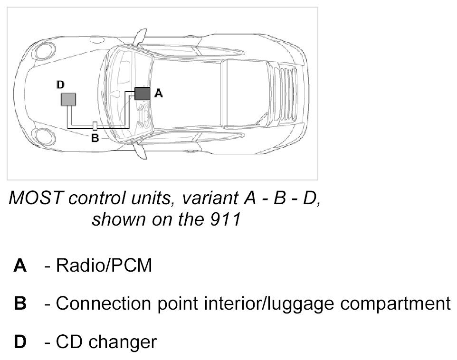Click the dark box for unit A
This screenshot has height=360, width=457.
(x=142, y=93)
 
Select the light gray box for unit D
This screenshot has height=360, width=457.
(x=68, y=99)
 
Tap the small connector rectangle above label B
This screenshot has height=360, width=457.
(x=95, y=126)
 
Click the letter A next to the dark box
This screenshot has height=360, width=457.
(x=159, y=94)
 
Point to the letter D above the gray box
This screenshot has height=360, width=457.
(x=60, y=85)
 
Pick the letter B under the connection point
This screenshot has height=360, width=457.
(x=95, y=139)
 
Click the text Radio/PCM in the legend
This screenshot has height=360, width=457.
(x=104, y=266)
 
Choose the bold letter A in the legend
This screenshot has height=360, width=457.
(x=20, y=266)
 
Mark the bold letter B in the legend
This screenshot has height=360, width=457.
(x=20, y=303)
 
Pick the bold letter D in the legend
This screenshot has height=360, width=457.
(x=20, y=341)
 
